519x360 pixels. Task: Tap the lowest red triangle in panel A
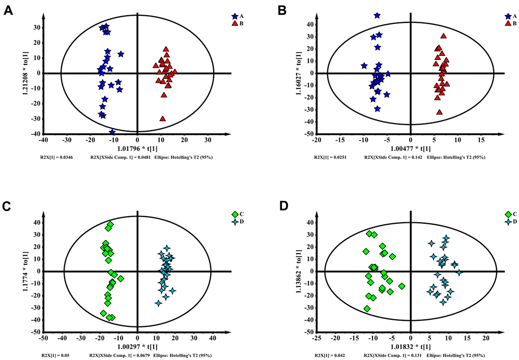(x=163, y=118)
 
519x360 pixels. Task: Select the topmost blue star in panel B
(x=377, y=16)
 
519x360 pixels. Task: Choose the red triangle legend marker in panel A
(x=235, y=23)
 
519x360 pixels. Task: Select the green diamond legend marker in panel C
(x=235, y=214)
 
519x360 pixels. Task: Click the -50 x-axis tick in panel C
(x=44, y=338)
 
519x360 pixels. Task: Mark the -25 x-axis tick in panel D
(x=318, y=338)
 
